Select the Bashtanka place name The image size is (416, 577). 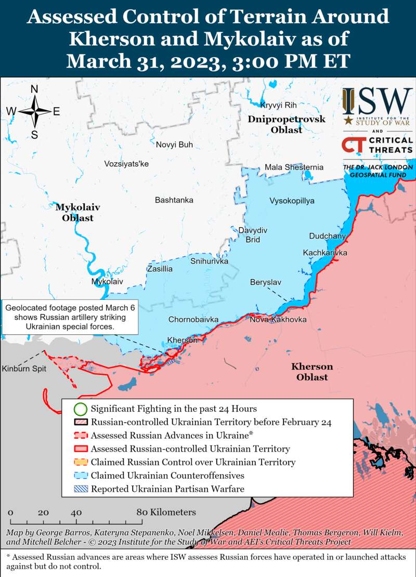[x=174, y=200]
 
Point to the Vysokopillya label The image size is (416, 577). [x=292, y=201]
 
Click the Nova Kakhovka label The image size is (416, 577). [x=278, y=319]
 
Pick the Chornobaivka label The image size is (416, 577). [x=193, y=319]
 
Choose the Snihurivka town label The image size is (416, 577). [x=209, y=261]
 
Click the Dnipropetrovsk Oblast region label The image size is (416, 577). [x=287, y=125]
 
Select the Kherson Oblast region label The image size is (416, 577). [x=312, y=372]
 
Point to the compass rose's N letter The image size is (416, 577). [x=34, y=89]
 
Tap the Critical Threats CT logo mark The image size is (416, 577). [x=352, y=145]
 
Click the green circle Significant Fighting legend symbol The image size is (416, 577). [x=80, y=409]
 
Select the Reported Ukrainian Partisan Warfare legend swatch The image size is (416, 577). [x=80, y=489]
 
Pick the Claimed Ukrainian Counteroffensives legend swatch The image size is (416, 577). [x=80, y=475]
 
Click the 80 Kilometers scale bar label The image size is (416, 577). [x=167, y=512]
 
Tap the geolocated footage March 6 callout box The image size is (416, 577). [x=70, y=317]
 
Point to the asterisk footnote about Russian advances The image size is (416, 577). [x=208, y=561]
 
